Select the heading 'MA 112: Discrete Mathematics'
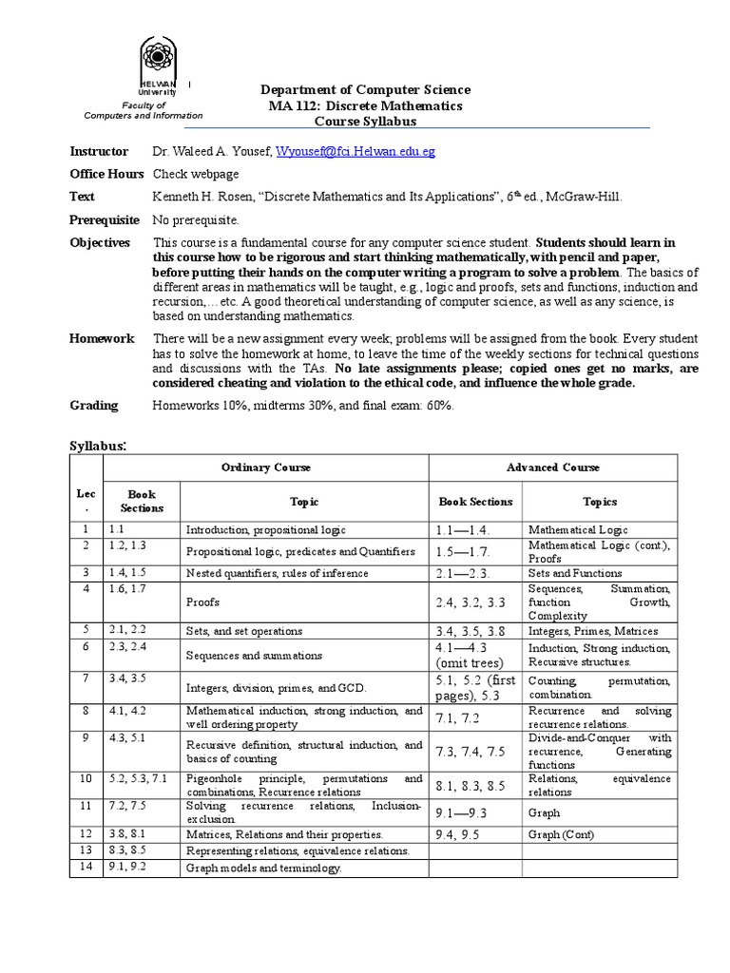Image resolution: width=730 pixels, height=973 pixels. [x=366, y=105]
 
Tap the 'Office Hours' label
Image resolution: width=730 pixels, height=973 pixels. [x=106, y=174]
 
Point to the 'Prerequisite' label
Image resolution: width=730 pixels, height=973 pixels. [x=105, y=219]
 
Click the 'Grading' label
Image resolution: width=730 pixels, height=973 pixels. [x=94, y=406]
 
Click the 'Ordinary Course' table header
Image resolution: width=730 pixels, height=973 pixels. [x=266, y=467]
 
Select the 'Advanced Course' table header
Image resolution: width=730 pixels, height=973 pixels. [x=552, y=467]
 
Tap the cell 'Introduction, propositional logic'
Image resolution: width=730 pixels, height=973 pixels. [x=266, y=530]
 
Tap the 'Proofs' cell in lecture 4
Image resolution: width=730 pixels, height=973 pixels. [x=203, y=602]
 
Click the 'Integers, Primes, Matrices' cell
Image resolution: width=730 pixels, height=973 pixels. [x=586, y=630]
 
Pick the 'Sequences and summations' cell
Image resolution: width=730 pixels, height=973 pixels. [x=254, y=656]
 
